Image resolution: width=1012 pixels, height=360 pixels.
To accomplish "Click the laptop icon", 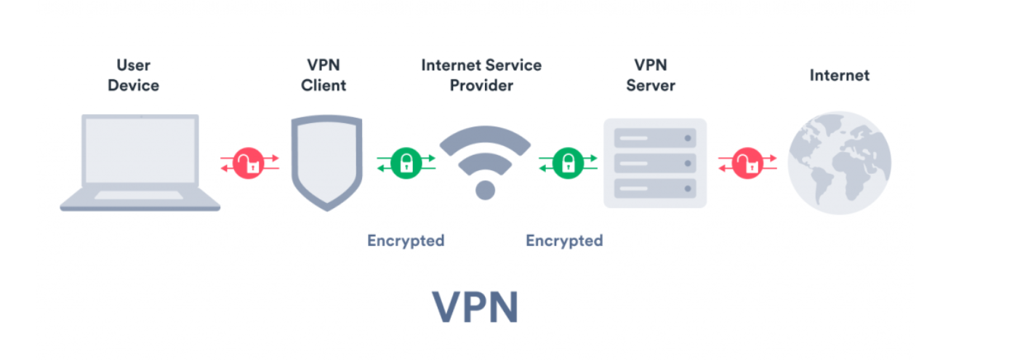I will coord(140,162).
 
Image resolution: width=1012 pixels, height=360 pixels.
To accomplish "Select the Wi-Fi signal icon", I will coord(485,161).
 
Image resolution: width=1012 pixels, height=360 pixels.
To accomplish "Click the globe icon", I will coord(839,163).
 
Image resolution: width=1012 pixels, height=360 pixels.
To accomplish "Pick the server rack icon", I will coord(655,163).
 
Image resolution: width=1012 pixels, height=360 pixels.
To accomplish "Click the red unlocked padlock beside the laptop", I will coord(249,164).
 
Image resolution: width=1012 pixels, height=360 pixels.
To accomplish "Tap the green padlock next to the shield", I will coord(406,163).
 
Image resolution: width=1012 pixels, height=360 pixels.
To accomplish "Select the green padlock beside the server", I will coord(568,163).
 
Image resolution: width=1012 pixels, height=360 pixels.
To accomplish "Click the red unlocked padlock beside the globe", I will coord(747,163).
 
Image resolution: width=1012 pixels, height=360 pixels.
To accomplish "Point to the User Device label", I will coord(133,76).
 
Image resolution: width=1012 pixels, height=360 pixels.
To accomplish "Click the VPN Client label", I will coord(324,76).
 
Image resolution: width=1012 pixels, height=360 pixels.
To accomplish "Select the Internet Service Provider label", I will coord(481,76).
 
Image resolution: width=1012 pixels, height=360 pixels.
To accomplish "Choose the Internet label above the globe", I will coord(840,75).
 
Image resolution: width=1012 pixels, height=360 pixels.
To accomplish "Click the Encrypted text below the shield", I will coord(406,240).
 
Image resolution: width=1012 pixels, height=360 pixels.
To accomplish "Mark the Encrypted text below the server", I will coord(564,240).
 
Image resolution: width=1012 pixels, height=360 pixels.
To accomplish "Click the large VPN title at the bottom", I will coord(475,308).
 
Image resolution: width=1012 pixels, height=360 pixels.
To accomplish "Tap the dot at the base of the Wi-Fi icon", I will coord(485,190).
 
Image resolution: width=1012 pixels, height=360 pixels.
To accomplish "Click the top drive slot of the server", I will coord(655,138).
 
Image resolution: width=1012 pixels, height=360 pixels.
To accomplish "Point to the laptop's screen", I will coord(140,151).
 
